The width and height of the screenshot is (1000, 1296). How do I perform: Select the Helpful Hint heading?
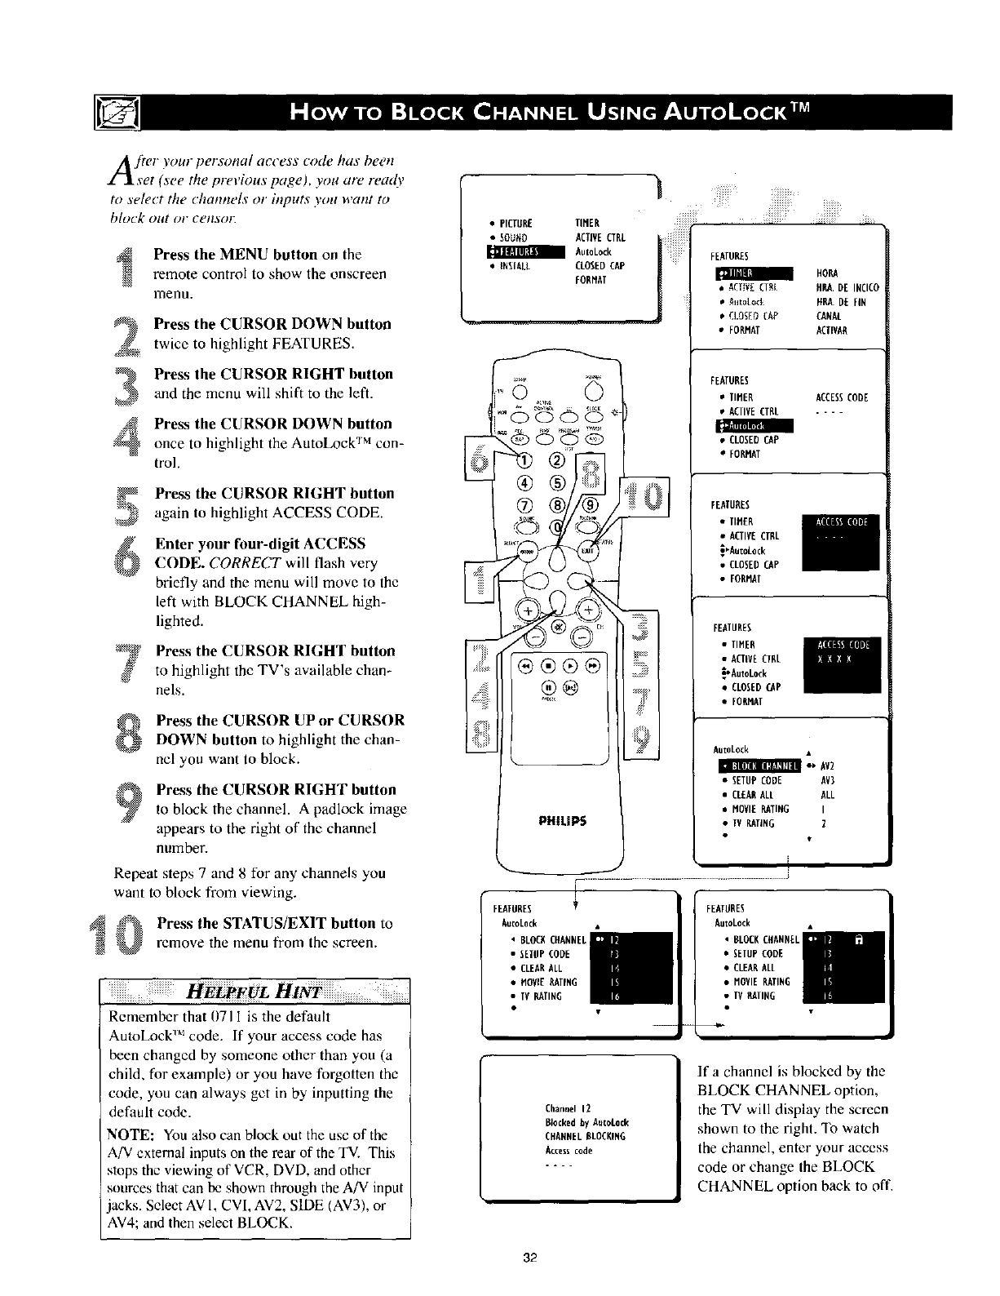(254, 992)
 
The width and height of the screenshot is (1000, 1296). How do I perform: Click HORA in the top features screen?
(826, 273)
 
